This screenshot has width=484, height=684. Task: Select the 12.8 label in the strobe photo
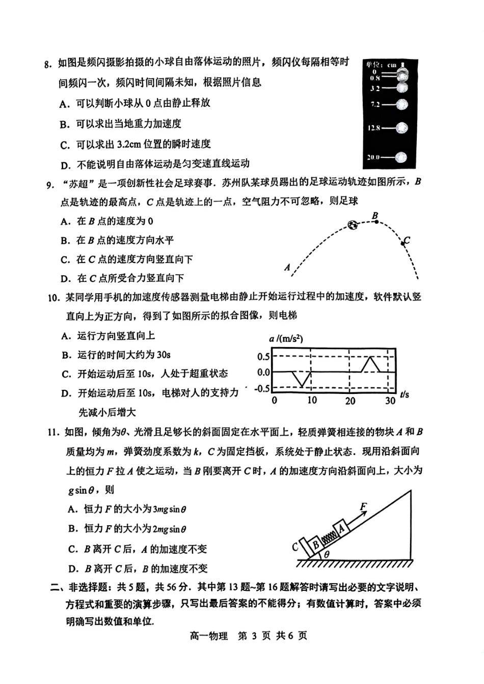(x=374, y=128)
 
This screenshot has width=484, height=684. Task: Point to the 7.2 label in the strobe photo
(x=375, y=105)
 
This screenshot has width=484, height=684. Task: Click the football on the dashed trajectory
(x=353, y=224)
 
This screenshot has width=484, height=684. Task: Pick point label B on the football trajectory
(x=375, y=216)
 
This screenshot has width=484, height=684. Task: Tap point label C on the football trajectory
(x=407, y=240)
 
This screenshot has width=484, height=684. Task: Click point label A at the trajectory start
(x=287, y=267)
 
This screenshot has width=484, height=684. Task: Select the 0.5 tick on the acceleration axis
(x=263, y=356)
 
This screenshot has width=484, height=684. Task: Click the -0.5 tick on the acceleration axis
(x=262, y=388)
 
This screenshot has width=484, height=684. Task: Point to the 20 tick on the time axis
(x=350, y=401)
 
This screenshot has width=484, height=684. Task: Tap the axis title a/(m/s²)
(x=286, y=339)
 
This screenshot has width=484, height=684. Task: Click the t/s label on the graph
(x=405, y=394)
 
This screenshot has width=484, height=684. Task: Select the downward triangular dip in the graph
(x=302, y=379)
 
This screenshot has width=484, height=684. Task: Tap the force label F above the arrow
(x=363, y=506)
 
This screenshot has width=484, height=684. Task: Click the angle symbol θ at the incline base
(x=327, y=555)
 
